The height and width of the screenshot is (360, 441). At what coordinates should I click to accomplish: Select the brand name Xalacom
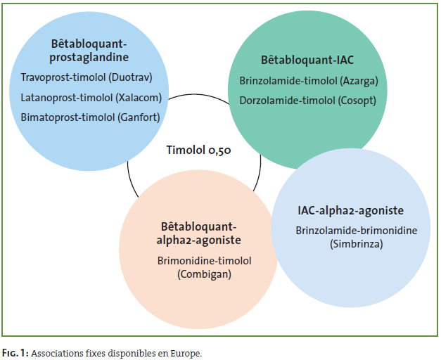[139, 98]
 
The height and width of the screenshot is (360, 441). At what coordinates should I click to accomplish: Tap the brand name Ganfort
[139, 117]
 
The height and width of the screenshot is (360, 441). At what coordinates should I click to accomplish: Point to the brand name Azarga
[359, 81]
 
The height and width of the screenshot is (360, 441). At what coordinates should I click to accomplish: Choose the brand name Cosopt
[357, 101]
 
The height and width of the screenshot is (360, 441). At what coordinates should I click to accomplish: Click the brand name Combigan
[205, 274]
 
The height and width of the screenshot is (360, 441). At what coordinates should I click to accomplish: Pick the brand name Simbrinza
[357, 244]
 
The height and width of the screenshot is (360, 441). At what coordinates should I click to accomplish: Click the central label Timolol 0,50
[199, 150]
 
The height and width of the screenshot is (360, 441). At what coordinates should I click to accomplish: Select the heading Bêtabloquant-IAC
[307, 60]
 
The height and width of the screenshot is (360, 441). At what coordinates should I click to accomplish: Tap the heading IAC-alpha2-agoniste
[351, 211]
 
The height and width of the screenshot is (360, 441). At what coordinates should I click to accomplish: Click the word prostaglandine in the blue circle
[89, 58]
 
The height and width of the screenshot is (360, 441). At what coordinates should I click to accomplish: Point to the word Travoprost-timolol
[63, 77]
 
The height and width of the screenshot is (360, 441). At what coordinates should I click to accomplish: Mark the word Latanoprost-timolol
[67, 98]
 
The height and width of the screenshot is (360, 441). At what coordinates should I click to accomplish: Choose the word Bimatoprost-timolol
[68, 117]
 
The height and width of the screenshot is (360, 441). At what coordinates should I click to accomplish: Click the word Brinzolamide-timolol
[288, 81]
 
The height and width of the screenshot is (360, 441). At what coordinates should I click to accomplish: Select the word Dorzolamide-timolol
[287, 101]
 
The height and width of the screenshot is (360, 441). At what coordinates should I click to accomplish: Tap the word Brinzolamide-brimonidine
[357, 231]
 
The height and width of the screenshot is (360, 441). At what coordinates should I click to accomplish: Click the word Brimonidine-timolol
[205, 261]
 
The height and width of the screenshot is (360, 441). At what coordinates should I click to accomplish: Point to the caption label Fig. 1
[15, 353]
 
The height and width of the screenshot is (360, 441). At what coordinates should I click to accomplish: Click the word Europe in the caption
[186, 354]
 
